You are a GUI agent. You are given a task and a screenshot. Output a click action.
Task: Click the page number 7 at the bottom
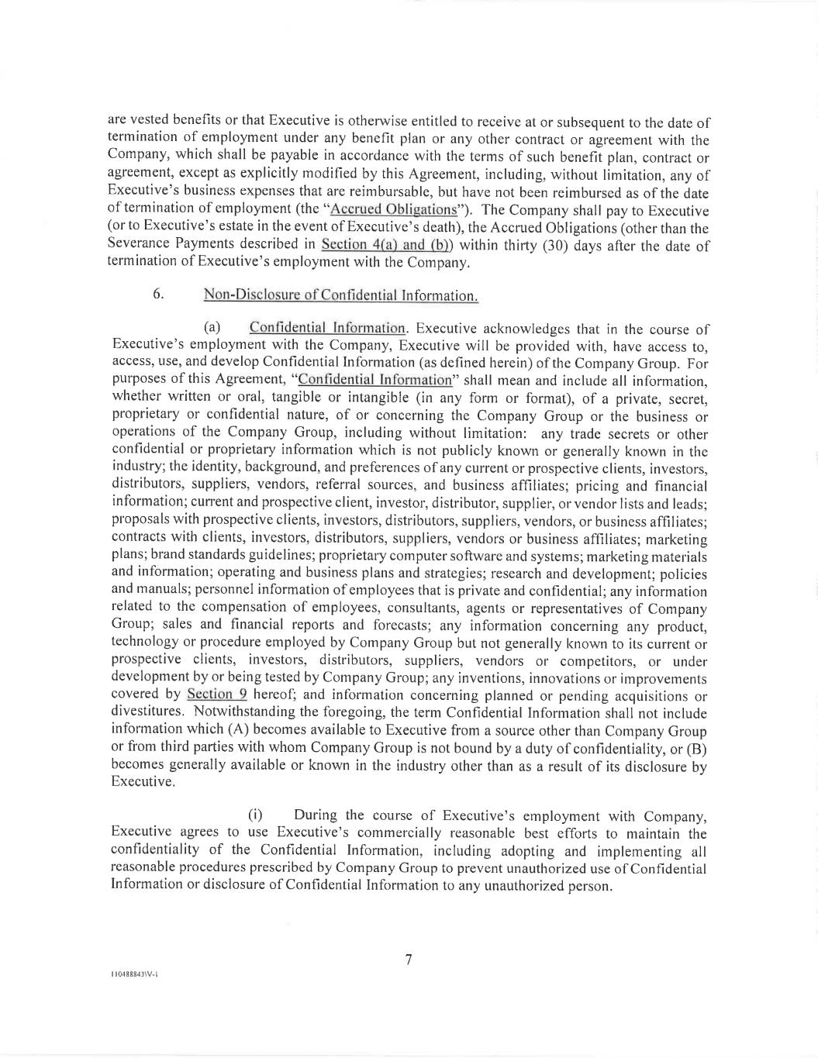pos(409,960)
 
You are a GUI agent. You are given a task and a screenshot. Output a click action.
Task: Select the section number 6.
pos(157,295)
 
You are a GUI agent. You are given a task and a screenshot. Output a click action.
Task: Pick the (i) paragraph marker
pos(255,815)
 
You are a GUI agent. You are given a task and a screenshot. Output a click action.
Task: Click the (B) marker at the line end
pos(697,748)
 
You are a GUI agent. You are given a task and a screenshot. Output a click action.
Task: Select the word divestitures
pos(147,712)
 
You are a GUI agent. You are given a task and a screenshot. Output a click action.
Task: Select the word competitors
pos(599,660)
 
